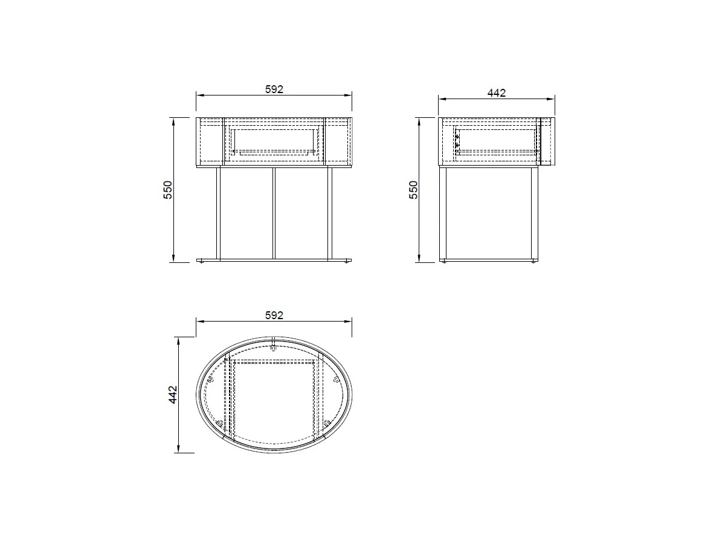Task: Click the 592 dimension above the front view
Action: pos(274,89)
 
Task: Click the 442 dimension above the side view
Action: pos(497,93)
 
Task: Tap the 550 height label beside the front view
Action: pos(168,190)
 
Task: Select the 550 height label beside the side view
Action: pos(413,190)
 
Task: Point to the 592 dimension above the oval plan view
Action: pos(274,316)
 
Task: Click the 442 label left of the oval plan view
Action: pos(173,395)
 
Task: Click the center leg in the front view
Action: pos(274,213)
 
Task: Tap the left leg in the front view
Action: pos(218,213)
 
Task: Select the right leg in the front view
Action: pos(330,213)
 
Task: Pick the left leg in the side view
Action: pos(443,213)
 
